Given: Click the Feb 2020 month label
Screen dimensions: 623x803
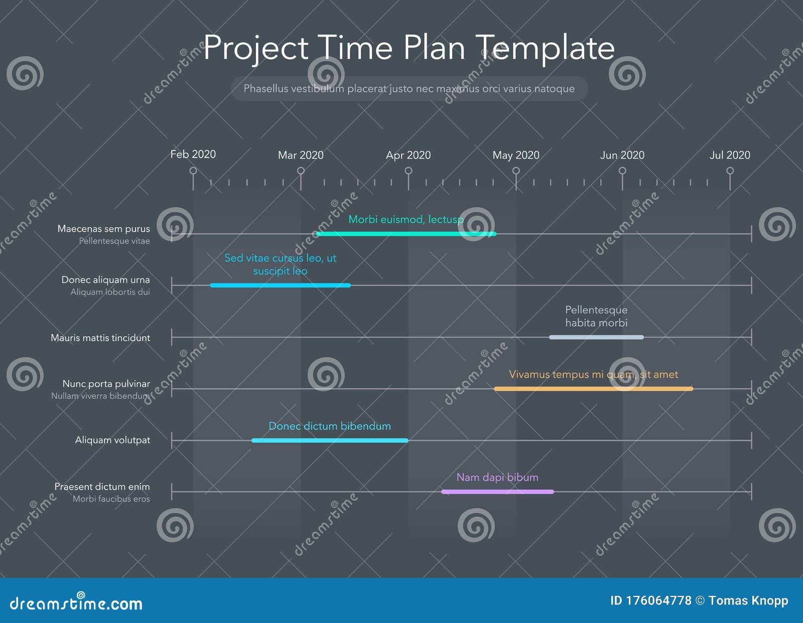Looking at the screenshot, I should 193,154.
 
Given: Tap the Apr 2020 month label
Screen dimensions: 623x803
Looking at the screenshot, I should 408,155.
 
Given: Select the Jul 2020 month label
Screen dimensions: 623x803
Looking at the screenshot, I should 730,155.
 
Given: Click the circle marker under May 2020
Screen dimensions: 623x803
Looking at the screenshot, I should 516,171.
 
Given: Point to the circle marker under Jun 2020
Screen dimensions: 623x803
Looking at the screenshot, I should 622,171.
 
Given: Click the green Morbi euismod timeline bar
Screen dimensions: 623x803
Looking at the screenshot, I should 407,234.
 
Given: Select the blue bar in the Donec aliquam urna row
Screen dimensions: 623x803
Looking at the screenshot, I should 280,285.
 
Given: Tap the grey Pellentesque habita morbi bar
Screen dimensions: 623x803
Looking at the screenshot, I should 596,337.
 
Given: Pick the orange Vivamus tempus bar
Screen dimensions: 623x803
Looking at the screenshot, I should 593,389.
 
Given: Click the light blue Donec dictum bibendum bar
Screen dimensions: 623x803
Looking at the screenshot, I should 330,440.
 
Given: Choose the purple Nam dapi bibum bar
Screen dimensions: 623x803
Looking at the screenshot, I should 497,492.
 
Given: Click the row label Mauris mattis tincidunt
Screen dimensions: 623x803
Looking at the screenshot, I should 100,338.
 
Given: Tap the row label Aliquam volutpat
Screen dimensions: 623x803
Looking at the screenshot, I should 112,440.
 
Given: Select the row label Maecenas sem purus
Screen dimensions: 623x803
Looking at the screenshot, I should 103,229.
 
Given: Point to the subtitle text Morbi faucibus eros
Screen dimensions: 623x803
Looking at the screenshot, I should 111,499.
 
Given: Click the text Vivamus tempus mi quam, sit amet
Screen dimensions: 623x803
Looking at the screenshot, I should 593,374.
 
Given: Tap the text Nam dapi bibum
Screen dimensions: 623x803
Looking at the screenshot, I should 497,477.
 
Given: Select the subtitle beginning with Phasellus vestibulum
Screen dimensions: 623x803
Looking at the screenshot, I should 409,89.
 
